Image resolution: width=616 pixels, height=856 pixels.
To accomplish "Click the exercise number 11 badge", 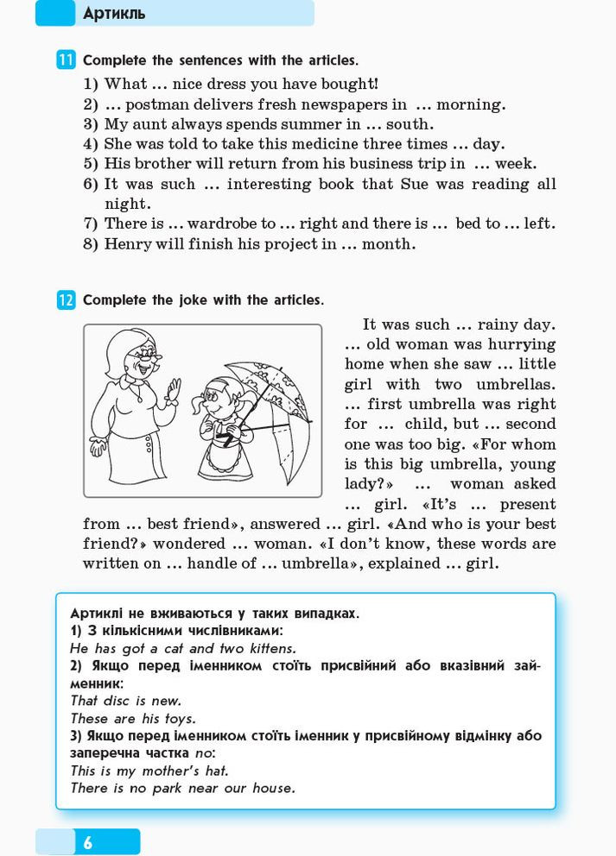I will [x=66, y=60].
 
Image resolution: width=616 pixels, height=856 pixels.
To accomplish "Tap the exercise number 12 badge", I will [x=66, y=300].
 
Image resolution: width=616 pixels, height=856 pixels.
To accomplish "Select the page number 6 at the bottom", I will [x=87, y=842].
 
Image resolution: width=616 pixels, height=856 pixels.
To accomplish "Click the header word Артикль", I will [x=114, y=14].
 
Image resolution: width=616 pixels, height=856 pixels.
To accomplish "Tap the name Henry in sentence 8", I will [x=128, y=243].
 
